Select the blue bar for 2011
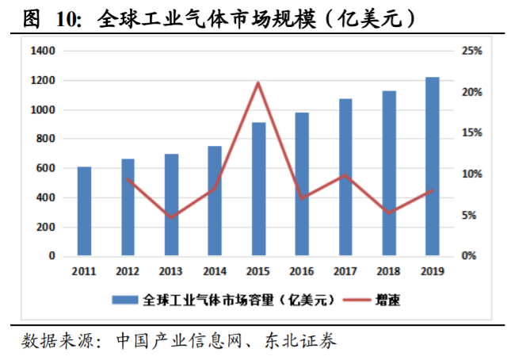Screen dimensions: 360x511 pos(84,212)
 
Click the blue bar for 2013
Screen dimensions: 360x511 pos(171,205)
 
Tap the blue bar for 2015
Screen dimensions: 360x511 pos(258,190)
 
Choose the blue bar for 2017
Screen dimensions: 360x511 pos(345,178)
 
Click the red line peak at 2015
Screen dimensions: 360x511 pos(258,82)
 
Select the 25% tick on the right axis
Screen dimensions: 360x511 pos(473,52)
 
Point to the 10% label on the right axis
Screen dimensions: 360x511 pos(473,174)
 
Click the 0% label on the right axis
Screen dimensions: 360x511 pos(471,256)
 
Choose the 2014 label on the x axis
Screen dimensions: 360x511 pos(215,271)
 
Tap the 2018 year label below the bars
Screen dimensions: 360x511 pos(389,271)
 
